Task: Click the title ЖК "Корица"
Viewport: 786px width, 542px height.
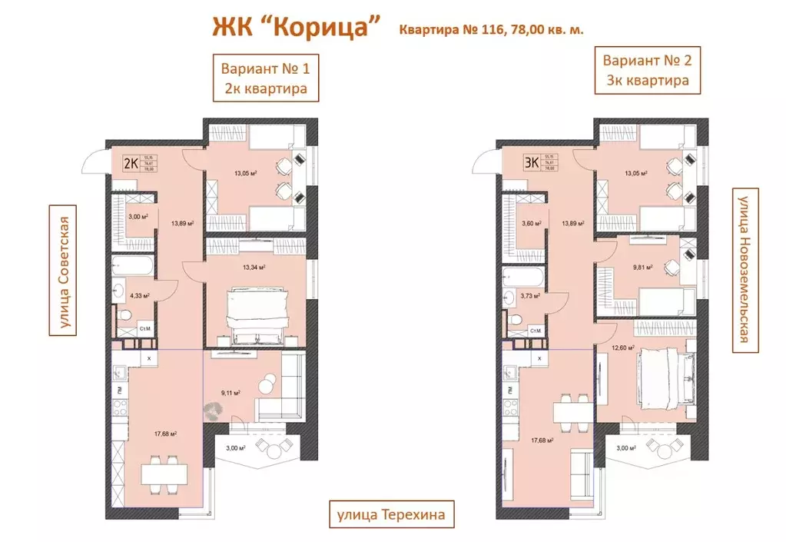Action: (x=297, y=26)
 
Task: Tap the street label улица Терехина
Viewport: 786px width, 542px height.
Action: (x=388, y=513)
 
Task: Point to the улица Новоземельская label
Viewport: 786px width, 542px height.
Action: (x=743, y=271)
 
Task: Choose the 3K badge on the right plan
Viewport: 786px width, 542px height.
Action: (x=530, y=163)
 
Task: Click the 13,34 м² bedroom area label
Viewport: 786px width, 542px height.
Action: (x=254, y=268)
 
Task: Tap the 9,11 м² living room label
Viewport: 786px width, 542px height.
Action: (x=231, y=392)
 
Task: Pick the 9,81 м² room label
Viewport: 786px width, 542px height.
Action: (x=642, y=268)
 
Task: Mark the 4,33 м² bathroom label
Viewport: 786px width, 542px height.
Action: (x=139, y=295)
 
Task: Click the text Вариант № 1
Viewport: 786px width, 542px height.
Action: (x=265, y=66)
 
